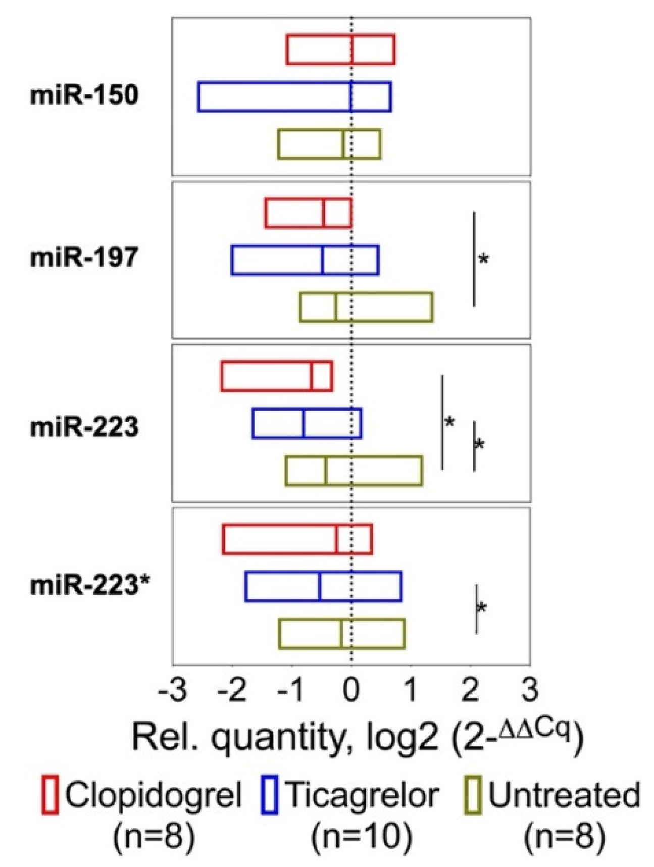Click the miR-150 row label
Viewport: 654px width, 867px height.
pyautogui.click(x=84, y=95)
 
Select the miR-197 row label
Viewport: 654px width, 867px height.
pyautogui.click(x=84, y=258)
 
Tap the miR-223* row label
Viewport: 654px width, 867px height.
pyautogui.click(x=90, y=585)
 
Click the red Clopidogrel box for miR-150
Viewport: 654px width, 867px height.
pyautogui.click(x=340, y=50)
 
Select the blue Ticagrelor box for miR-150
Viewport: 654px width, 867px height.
pyautogui.click(x=294, y=96)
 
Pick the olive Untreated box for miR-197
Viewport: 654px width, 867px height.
pyautogui.click(x=366, y=307)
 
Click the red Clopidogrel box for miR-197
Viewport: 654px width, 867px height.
pyautogui.click(x=308, y=214)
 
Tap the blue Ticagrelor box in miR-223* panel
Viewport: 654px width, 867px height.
pyautogui.click(x=323, y=587)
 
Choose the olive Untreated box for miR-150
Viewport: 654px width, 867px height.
pyautogui.click(x=329, y=144)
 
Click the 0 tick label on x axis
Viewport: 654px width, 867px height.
pyautogui.click(x=351, y=690)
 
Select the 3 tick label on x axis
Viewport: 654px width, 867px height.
pyautogui.click(x=530, y=690)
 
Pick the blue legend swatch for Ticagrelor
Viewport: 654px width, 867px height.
pyautogui.click(x=269, y=796)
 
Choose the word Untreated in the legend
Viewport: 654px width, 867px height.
pyautogui.click(x=564, y=795)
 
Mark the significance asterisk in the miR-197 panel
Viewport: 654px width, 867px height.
pyautogui.click(x=483, y=260)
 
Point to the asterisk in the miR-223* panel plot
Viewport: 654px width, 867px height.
pyautogui.click(x=481, y=608)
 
